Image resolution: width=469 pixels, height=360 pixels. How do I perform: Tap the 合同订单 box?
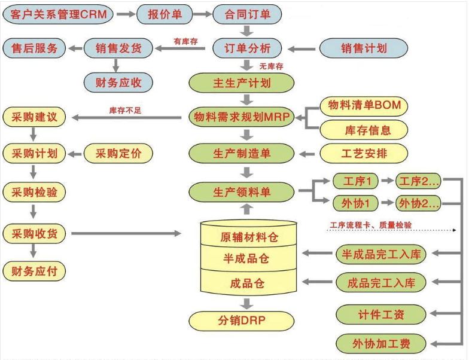[246, 13]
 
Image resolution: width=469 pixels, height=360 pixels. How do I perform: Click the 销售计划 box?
[363, 48]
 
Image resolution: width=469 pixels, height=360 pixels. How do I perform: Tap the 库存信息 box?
[364, 129]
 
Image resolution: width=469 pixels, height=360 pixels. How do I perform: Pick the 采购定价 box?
[118, 153]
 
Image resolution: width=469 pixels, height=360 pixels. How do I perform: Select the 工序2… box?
[419, 181]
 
